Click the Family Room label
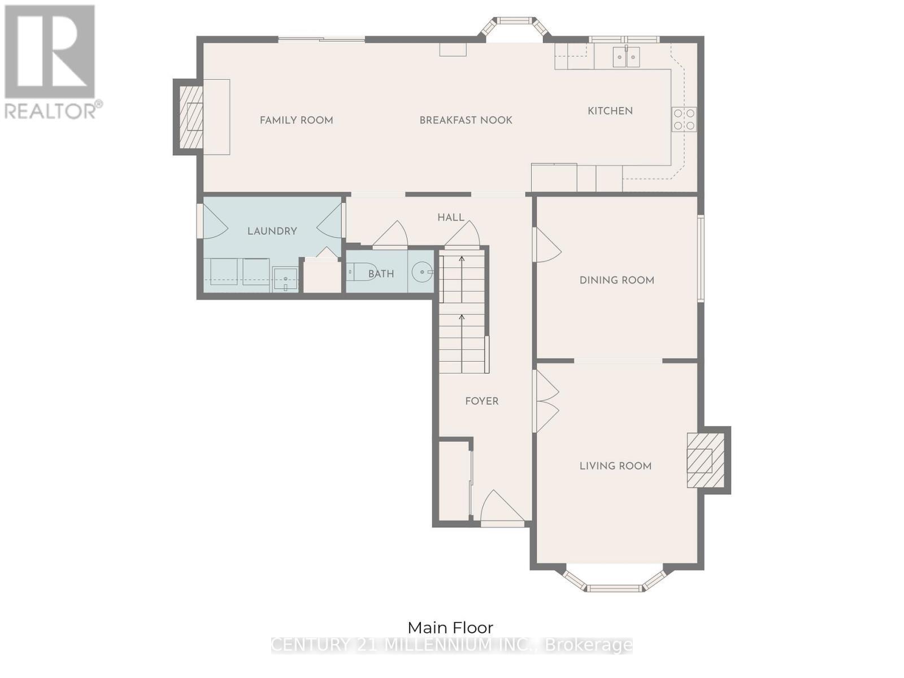point(296,120)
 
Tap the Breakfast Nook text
point(466,120)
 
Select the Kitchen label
point(610,111)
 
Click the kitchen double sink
point(627,57)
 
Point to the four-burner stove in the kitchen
point(684,119)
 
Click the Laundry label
point(272,231)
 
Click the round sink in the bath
point(421,272)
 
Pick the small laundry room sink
point(285,279)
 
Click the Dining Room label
point(616,280)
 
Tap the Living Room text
point(615,466)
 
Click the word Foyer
point(481,401)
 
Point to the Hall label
point(450,217)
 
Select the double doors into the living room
point(546,401)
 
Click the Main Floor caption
point(450,627)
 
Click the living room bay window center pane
point(615,588)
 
